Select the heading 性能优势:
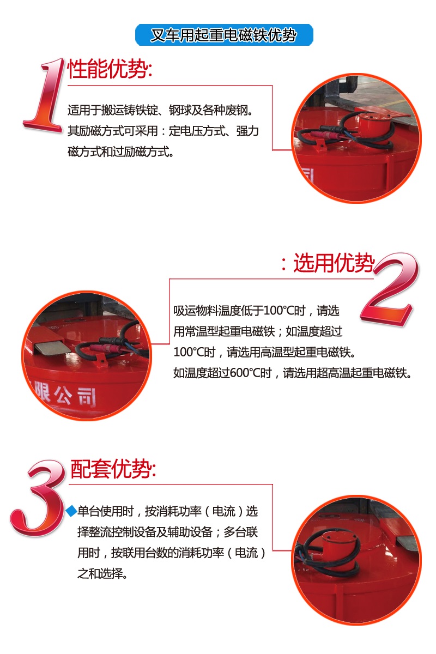tap(109, 70)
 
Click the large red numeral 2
tap(390, 289)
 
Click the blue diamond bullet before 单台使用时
tap(71, 511)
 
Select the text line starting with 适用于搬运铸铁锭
tap(162, 111)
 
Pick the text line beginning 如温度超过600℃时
tap(292, 373)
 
